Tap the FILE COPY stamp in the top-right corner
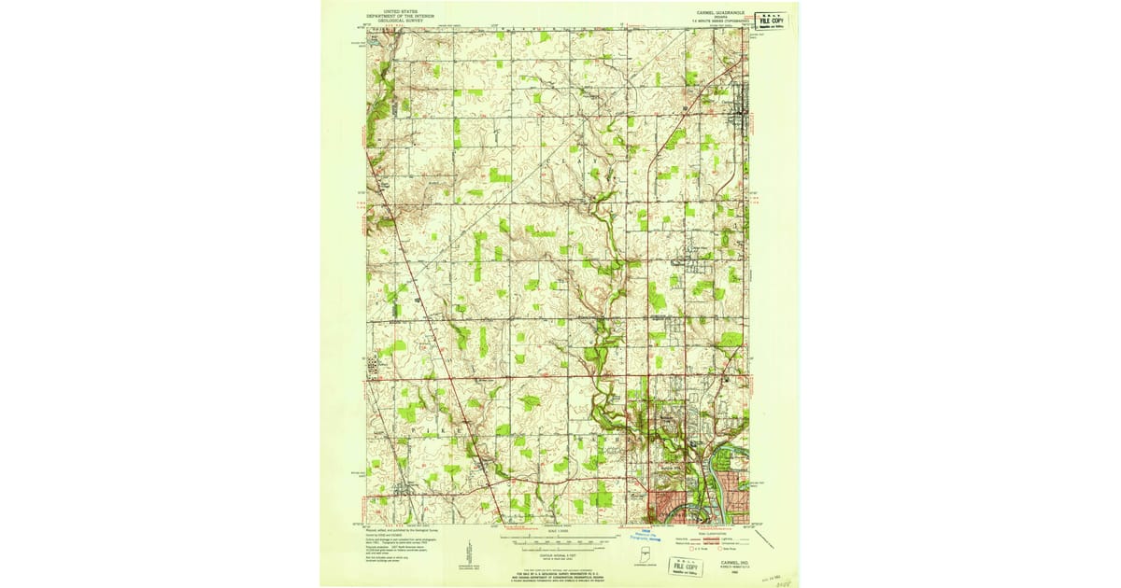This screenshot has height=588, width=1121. pos(771,20)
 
